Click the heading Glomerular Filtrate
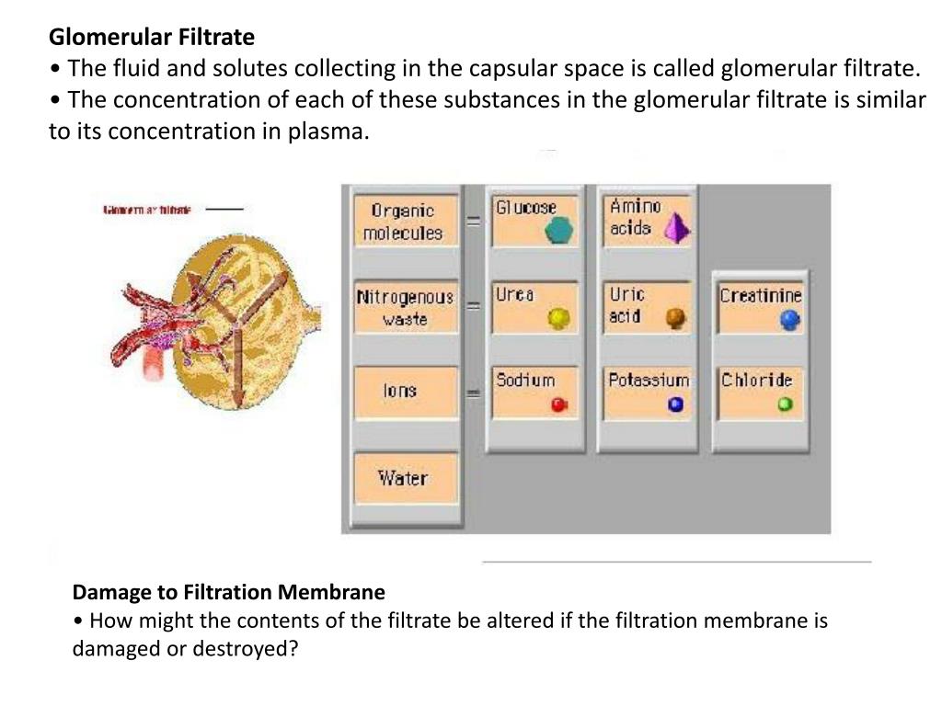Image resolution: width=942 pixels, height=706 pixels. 152,38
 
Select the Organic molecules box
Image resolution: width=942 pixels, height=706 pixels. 402,222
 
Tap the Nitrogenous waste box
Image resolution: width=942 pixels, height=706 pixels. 405,308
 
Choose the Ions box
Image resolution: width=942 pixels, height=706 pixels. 401,392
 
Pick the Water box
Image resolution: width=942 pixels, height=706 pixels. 403,478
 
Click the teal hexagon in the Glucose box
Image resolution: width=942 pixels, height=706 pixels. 557,231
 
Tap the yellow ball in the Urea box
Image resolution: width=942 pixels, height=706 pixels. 558,318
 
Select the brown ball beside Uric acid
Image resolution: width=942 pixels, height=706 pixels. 676,318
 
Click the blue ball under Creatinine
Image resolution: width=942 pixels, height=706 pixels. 789,320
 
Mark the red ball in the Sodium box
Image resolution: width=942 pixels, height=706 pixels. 558,404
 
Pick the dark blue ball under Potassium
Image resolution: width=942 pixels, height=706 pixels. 676,404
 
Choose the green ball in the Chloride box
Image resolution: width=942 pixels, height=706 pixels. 785,404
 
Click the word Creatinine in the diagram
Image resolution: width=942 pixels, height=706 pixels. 761,296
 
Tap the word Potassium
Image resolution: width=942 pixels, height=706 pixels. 648,380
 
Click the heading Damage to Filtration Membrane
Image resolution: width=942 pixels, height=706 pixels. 229,592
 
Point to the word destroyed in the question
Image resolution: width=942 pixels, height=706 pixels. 250,649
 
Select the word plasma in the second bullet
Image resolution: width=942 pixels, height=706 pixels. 329,131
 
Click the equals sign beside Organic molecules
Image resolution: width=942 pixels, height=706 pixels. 474,222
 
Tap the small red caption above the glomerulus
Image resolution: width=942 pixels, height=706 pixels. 147,211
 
